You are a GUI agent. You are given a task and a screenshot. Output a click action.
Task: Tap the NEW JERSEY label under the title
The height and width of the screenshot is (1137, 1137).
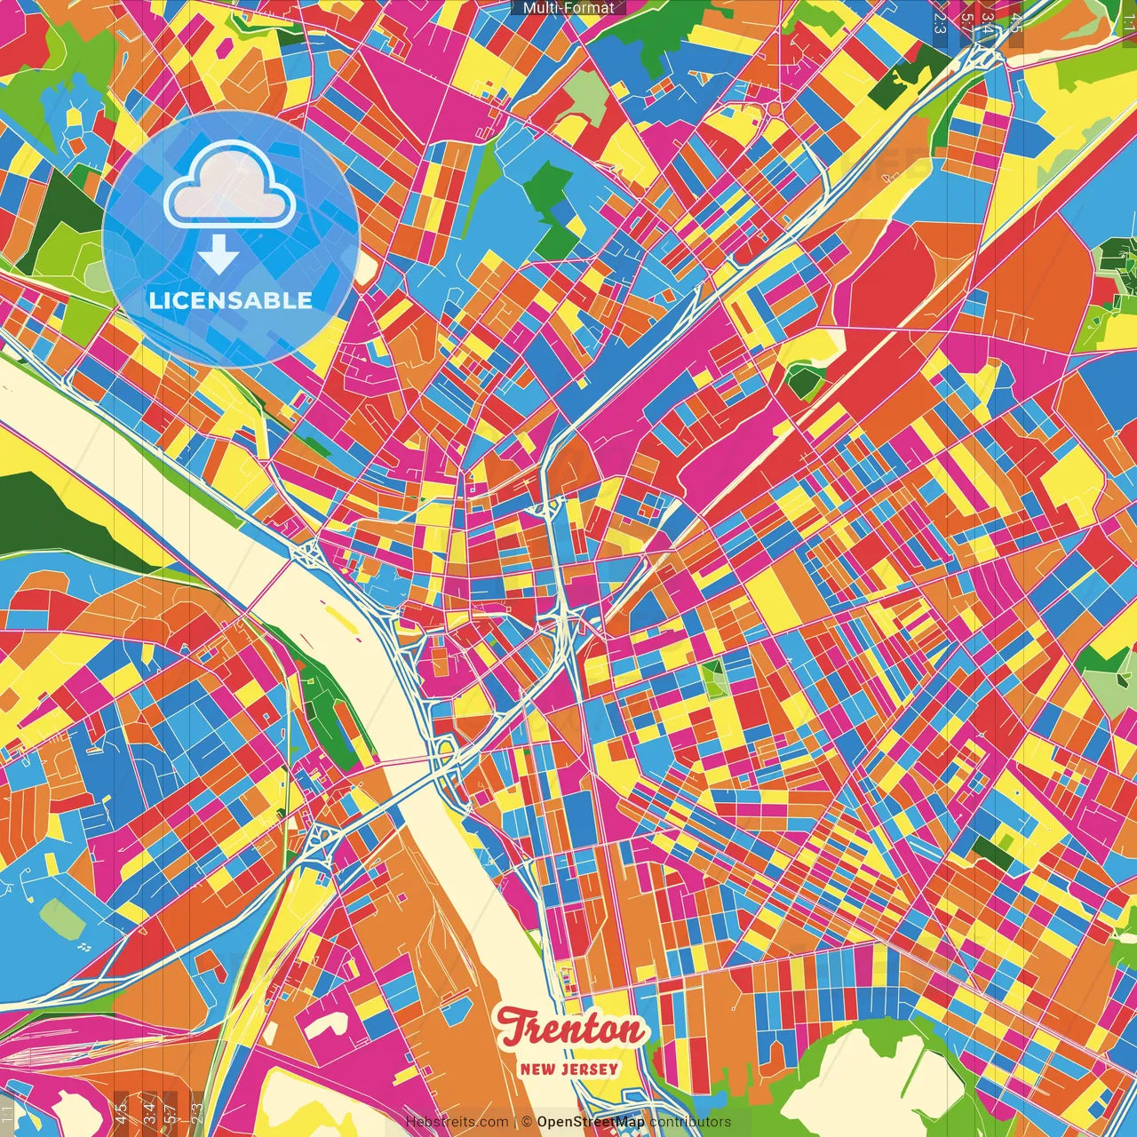click(569, 1069)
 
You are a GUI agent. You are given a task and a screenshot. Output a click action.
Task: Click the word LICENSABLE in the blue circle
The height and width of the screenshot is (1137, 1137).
click(231, 300)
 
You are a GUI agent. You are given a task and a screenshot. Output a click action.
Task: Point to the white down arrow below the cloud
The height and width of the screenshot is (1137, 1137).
click(218, 255)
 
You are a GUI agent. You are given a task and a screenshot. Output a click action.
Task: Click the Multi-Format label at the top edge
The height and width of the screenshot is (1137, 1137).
click(568, 8)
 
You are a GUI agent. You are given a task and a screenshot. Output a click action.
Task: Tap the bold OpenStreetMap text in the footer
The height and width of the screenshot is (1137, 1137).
click(591, 1122)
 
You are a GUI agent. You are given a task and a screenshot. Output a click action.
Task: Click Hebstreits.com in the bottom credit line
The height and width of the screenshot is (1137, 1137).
click(457, 1122)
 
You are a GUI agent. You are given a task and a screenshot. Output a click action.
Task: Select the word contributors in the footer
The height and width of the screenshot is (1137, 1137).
click(690, 1122)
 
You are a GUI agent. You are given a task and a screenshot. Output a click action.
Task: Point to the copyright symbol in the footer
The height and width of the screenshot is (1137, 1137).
click(526, 1122)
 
